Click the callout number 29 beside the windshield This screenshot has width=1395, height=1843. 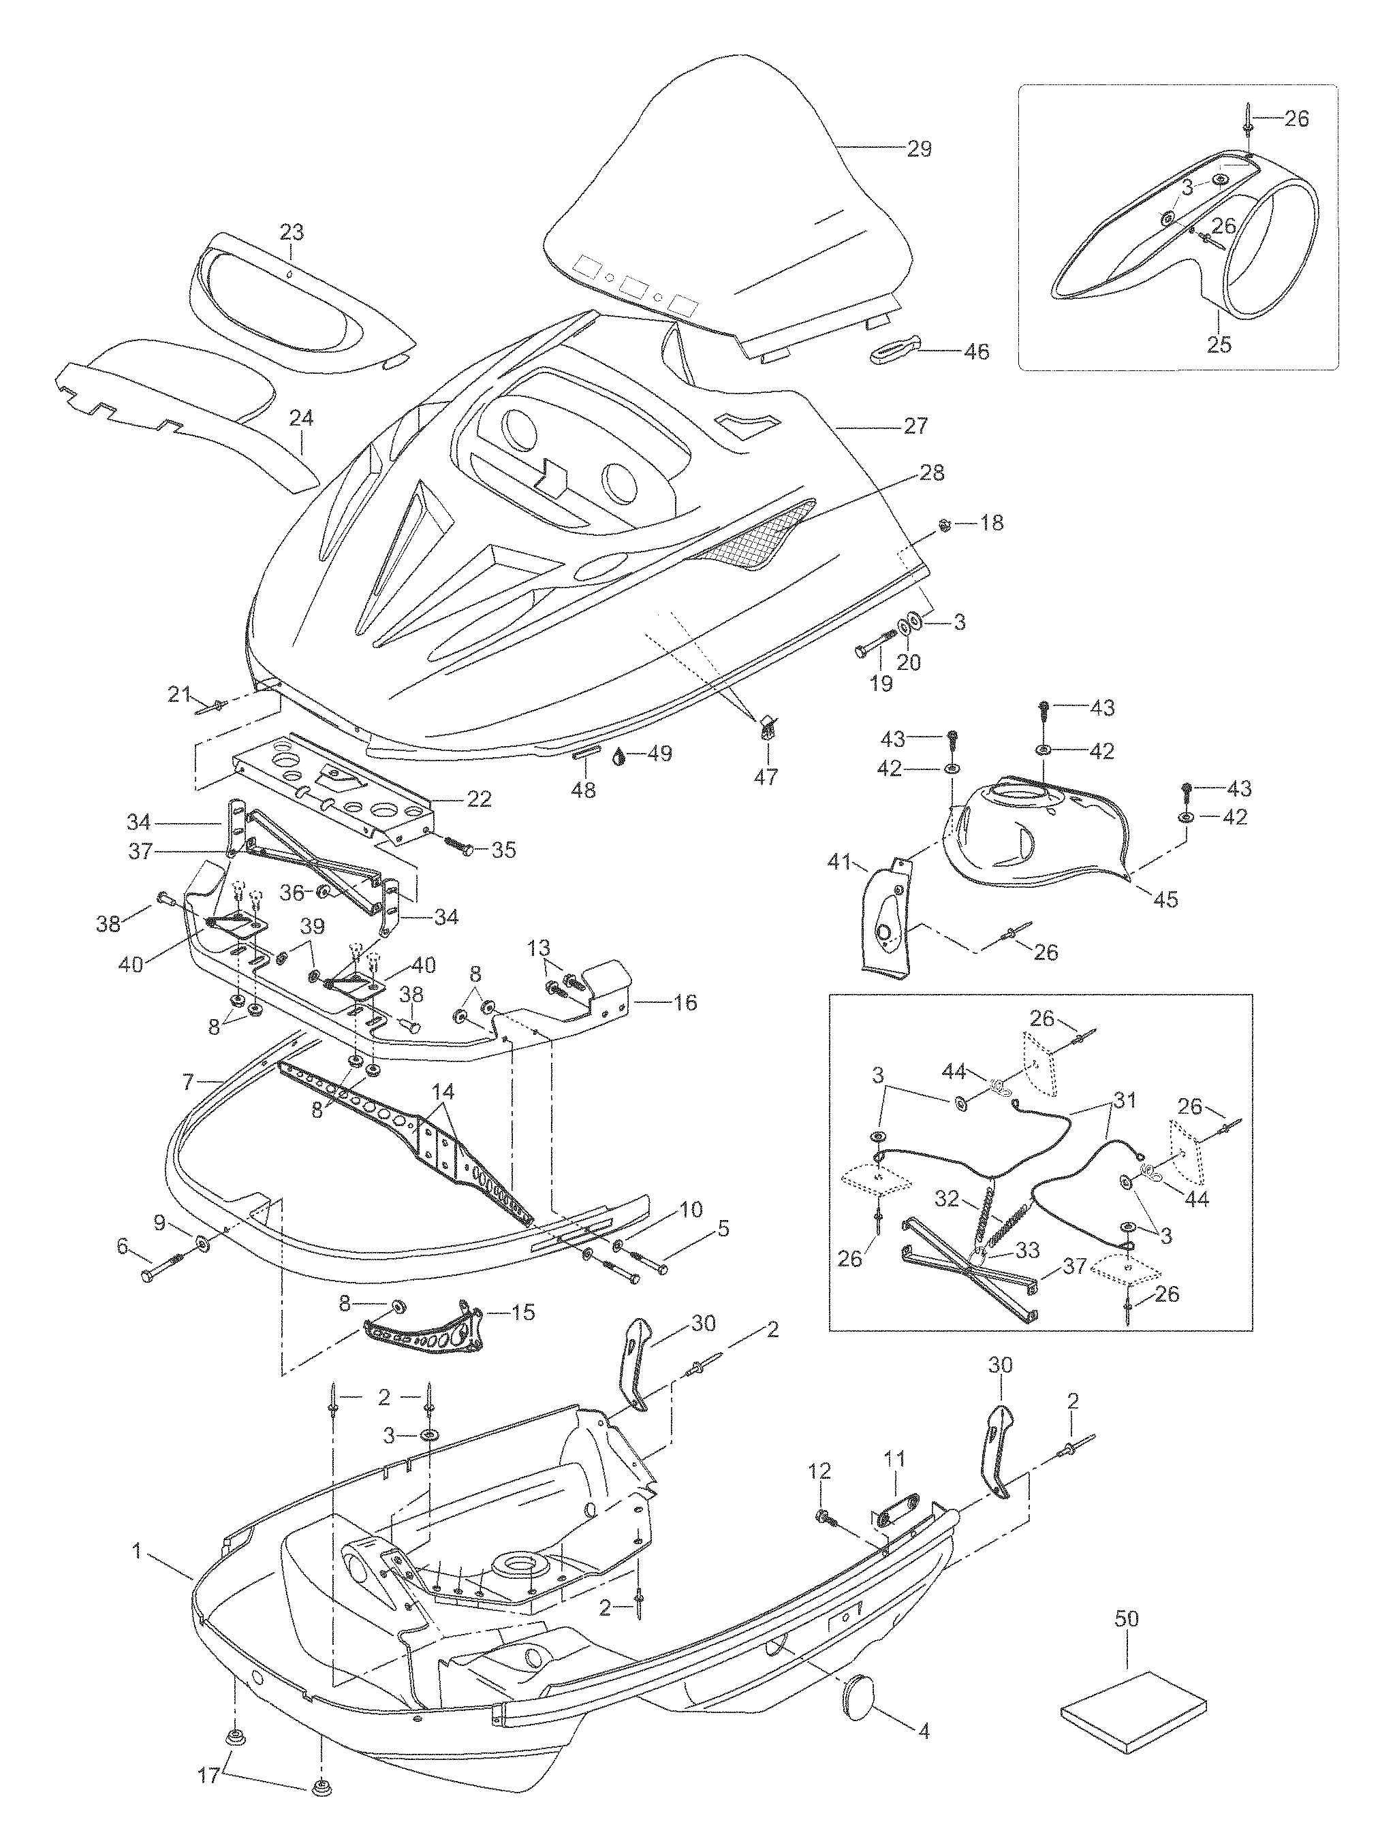pyautogui.click(x=918, y=149)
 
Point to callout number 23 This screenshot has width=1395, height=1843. pyautogui.click(x=291, y=231)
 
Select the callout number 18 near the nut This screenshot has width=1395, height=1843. pyautogui.click(x=992, y=524)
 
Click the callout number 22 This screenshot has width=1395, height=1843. pyautogui.click(x=478, y=799)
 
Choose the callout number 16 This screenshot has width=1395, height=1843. pyautogui.click(x=685, y=1002)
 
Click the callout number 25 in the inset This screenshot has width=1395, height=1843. pyautogui.click(x=1219, y=344)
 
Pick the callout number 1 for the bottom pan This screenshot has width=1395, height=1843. pyautogui.click(x=136, y=1552)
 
